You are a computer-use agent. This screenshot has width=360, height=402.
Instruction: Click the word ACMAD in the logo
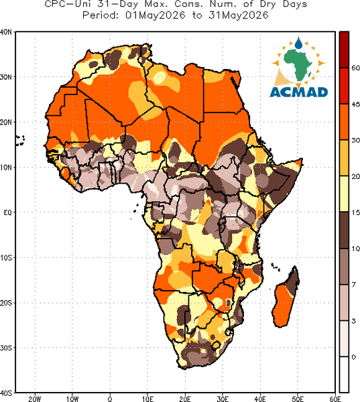[299, 92]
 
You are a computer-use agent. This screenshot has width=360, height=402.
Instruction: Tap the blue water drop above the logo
[298, 43]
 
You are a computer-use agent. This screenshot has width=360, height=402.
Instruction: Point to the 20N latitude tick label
[6, 122]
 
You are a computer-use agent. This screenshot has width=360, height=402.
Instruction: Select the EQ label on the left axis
[7, 212]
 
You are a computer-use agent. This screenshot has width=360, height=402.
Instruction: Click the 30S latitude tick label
[6, 348]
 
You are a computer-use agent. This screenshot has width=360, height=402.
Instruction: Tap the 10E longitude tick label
[147, 399]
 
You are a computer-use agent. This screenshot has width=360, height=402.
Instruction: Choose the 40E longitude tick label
[260, 399]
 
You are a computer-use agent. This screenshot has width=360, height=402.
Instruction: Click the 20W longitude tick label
[35, 399]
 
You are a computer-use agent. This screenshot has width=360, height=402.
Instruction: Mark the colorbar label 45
[355, 105]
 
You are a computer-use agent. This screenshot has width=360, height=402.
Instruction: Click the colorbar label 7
[354, 285]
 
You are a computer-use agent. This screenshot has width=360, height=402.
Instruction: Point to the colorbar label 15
[355, 212]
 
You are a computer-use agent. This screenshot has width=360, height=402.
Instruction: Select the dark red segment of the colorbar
[344, 50]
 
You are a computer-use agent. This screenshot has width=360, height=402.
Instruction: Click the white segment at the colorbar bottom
[344, 375]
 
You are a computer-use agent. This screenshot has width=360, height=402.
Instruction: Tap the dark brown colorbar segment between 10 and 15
[344, 230]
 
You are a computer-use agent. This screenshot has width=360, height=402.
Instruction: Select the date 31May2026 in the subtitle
[239, 15]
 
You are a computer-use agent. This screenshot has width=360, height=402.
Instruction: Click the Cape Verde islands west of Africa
[19, 141]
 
